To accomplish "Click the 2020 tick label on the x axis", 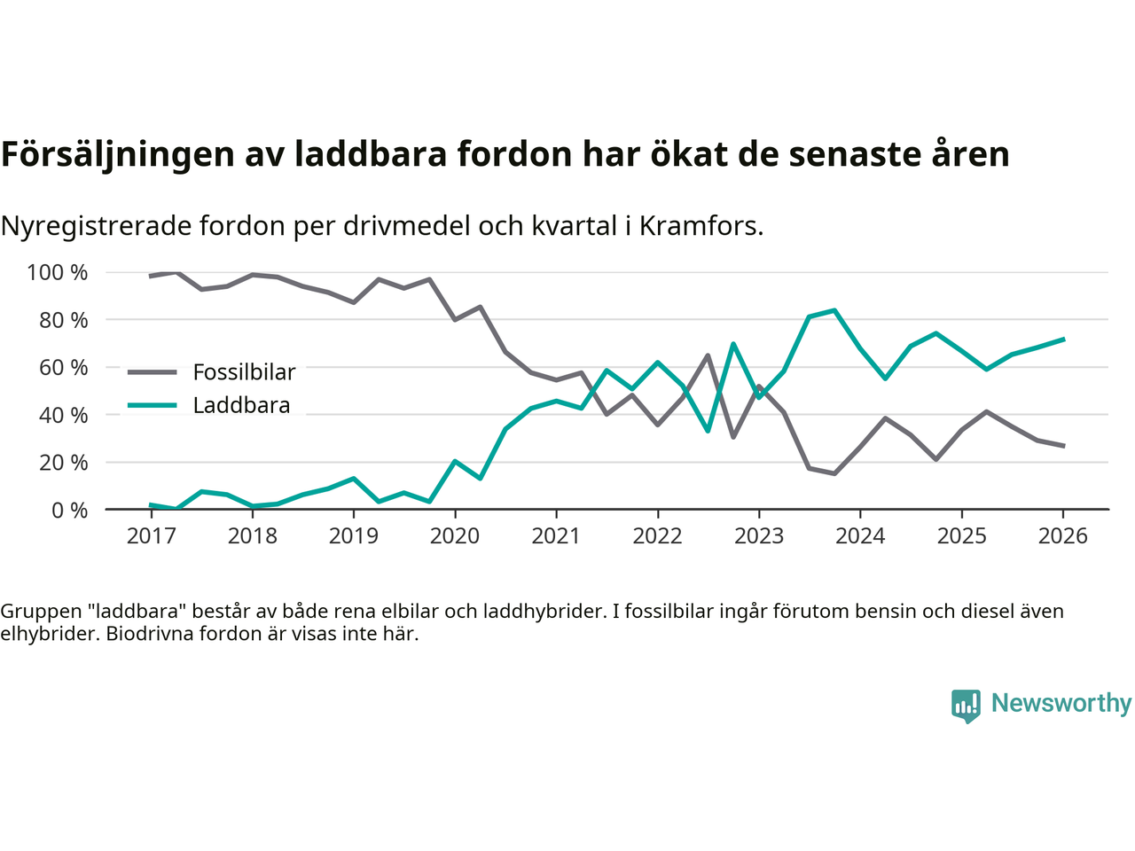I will tap(455, 536).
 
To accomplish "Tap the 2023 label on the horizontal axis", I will tap(759, 536).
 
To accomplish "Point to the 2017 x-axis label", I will tap(152, 536).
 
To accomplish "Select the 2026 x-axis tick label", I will tap(1062, 536).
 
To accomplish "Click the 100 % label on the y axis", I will tap(58, 272).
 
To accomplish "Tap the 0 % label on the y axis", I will tap(69, 510).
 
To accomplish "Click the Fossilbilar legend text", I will tap(244, 372).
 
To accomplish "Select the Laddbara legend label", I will tap(241, 406).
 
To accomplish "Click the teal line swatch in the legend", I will tap(153, 406).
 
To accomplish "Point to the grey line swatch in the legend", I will tap(153, 372).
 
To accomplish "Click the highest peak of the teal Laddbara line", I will tap(834, 310).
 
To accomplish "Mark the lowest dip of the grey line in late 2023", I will tap(834, 473).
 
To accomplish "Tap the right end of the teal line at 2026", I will tap(1063, 339).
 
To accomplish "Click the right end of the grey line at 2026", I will tap(1063, 446).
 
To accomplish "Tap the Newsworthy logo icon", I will tap(966, 706).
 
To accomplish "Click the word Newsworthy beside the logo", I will tap(1061, 703).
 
